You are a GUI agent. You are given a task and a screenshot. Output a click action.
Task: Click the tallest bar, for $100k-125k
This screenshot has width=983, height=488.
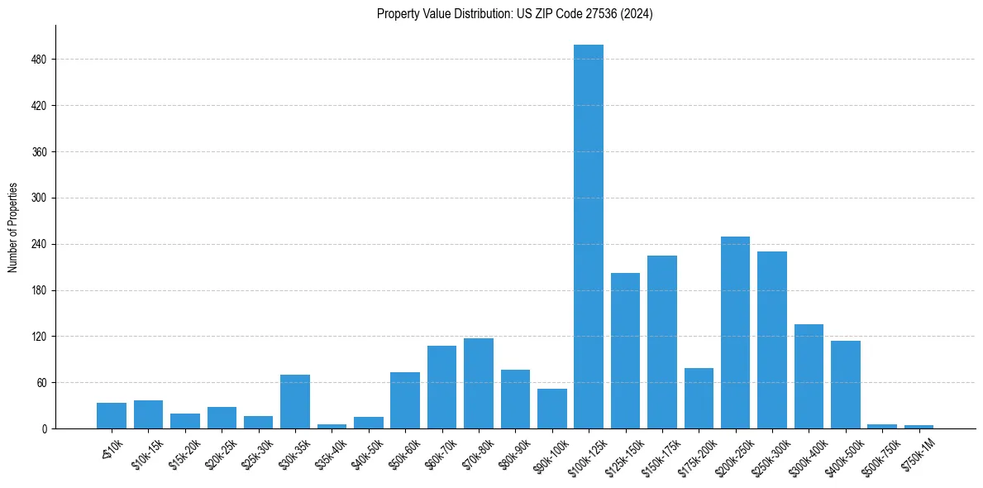click(x=589, y=237)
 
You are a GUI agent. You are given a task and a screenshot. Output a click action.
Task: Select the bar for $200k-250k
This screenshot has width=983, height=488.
click(x=735, y=333)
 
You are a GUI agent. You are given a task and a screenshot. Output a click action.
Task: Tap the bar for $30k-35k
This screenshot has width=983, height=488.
click(x=295, y=402)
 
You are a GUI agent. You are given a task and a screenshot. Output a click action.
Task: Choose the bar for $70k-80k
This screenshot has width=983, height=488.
click(x=479, y=384)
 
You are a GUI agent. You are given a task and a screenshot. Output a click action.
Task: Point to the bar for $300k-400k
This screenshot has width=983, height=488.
click(x=809, y=376)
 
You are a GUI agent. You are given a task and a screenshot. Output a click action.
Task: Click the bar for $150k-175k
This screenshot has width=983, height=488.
click(x=662, y=342)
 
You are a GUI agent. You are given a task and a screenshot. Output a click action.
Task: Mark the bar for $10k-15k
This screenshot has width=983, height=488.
click(x=148, y=414)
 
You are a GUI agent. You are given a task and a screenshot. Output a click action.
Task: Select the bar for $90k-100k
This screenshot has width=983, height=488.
click(x=552, y=409)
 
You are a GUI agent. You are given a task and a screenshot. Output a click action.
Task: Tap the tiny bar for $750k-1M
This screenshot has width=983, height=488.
click(x=919, y=427)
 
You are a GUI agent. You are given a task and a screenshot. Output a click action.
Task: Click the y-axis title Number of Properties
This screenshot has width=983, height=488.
click(x=12, y=227)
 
